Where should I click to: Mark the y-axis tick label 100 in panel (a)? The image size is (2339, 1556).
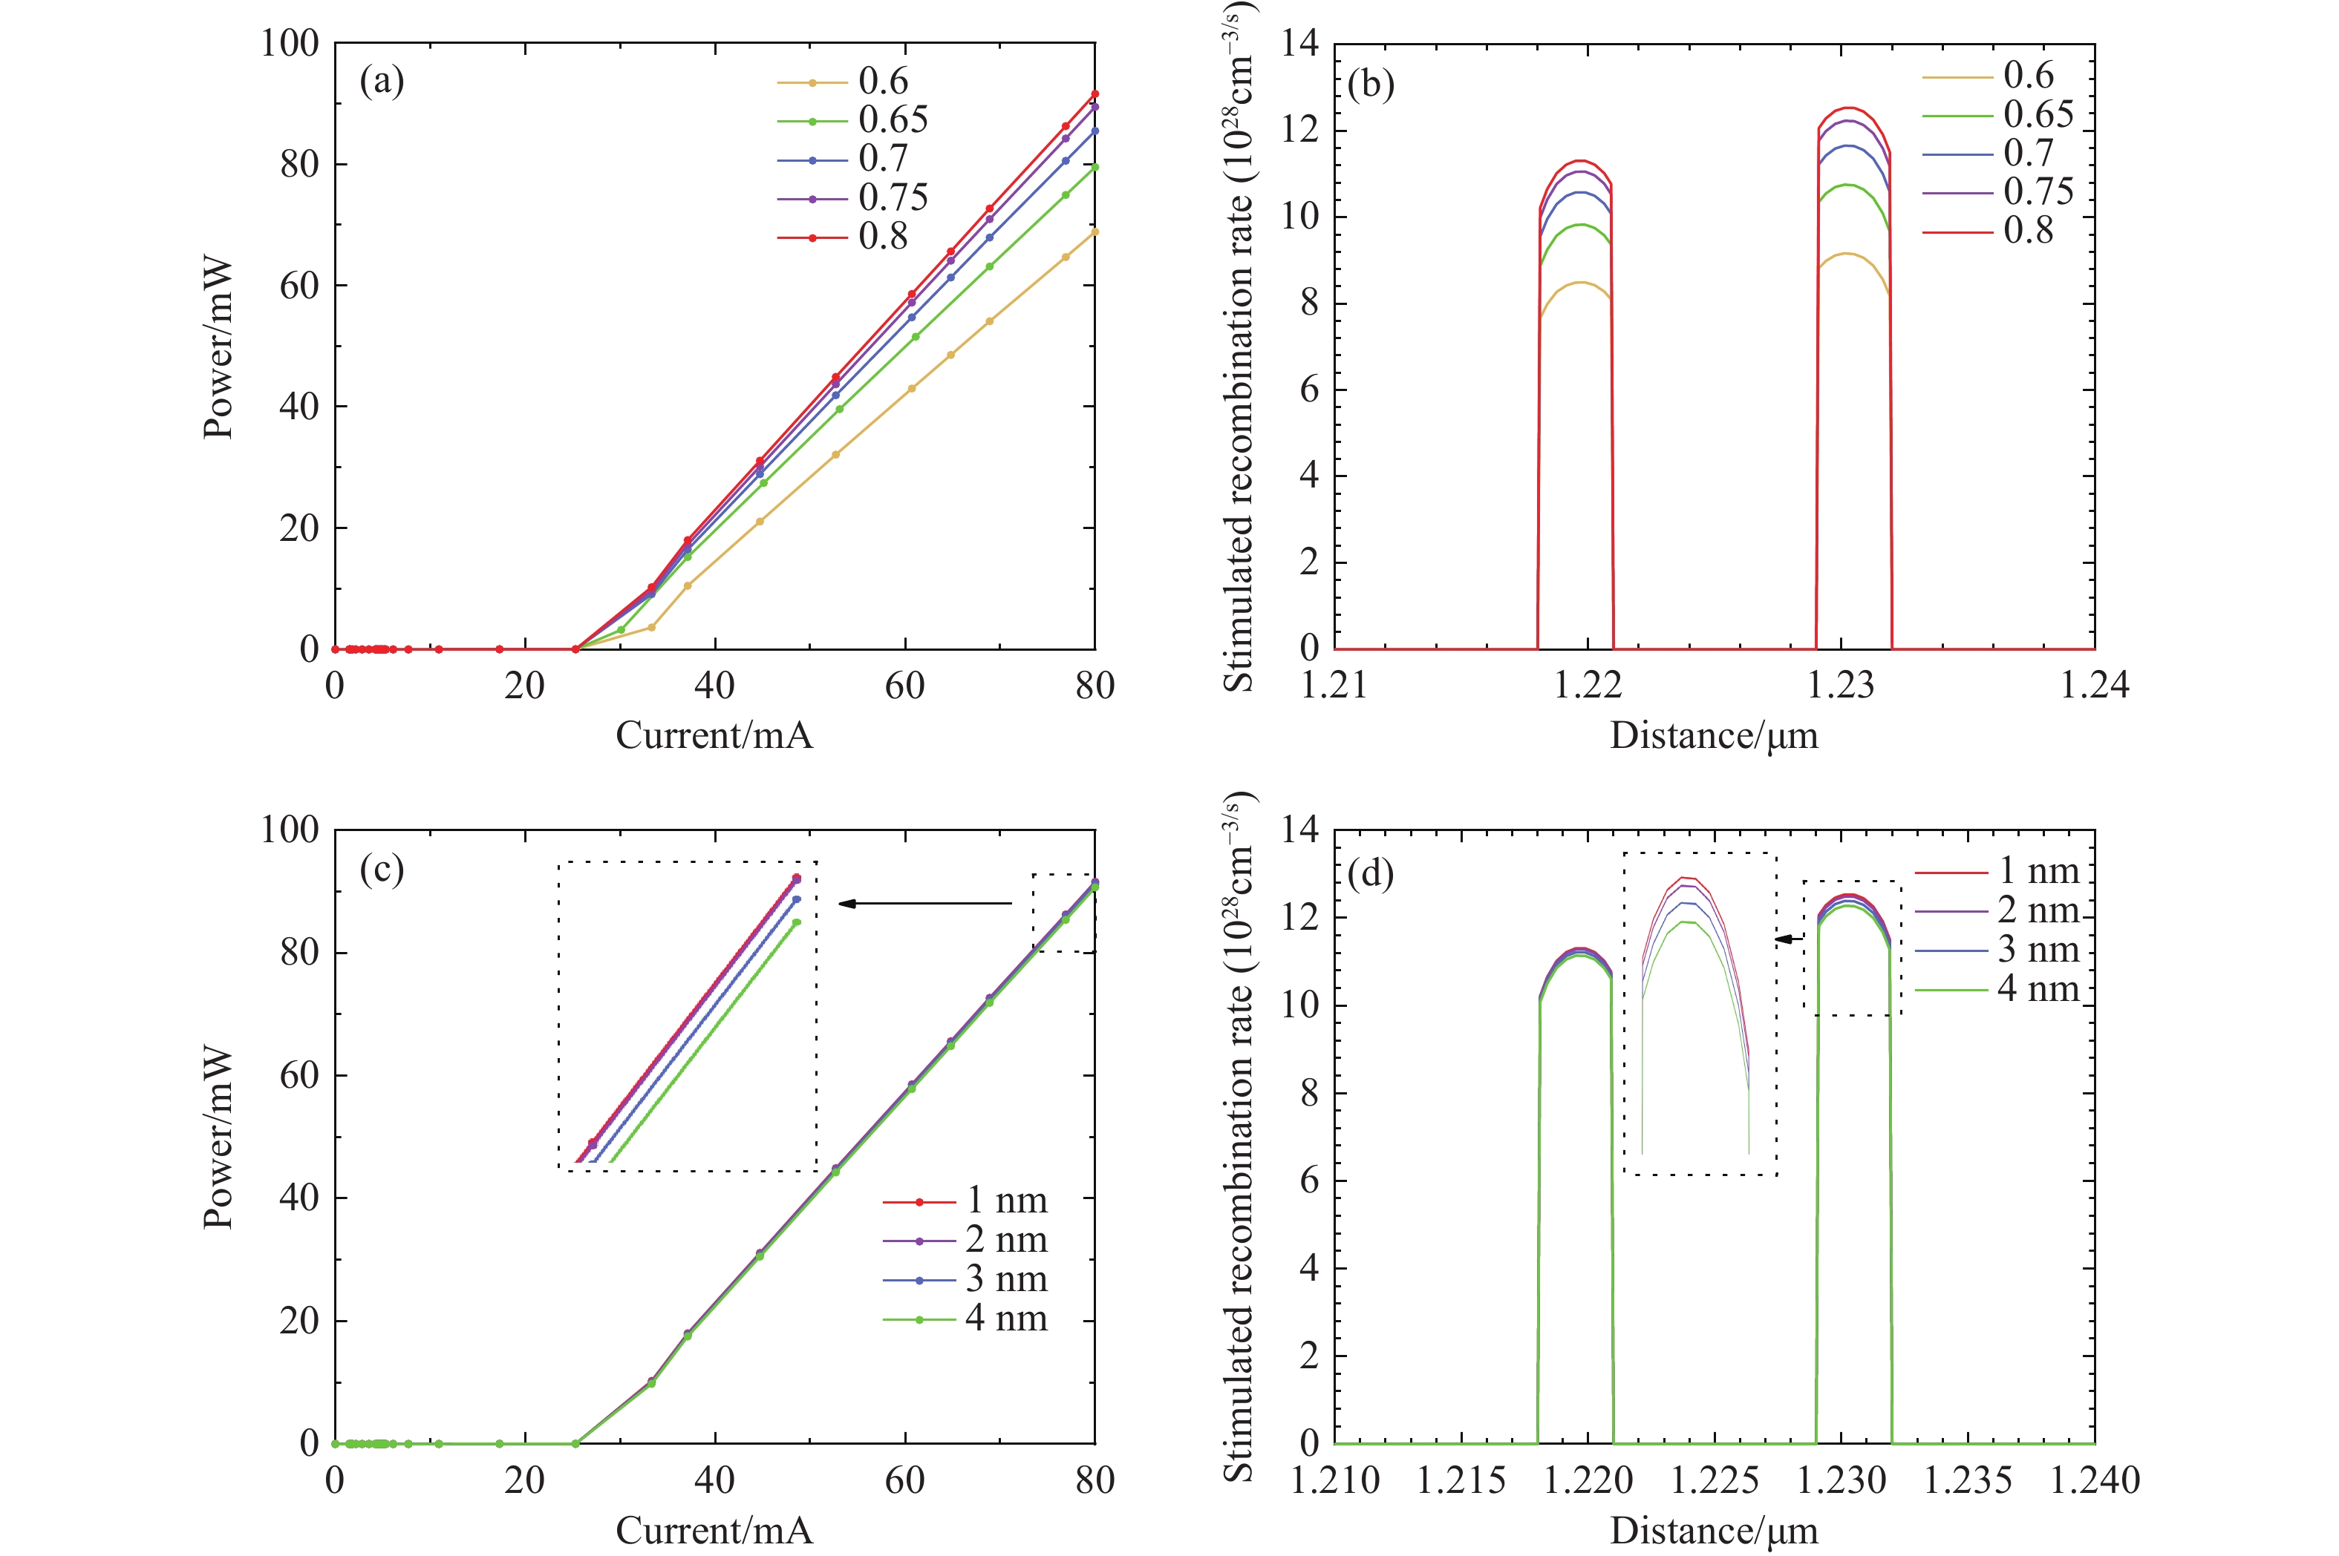290,44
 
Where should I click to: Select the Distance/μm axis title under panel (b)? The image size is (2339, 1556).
1715,735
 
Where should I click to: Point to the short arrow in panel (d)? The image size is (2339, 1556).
1790,939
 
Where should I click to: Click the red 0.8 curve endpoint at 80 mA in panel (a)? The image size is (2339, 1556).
1095,94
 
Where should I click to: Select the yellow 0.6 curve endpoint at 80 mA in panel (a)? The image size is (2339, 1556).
1095,232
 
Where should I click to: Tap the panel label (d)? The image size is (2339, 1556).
1371,873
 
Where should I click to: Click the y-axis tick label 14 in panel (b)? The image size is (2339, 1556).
1299,44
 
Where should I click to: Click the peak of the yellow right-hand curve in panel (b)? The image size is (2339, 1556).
1847,254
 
